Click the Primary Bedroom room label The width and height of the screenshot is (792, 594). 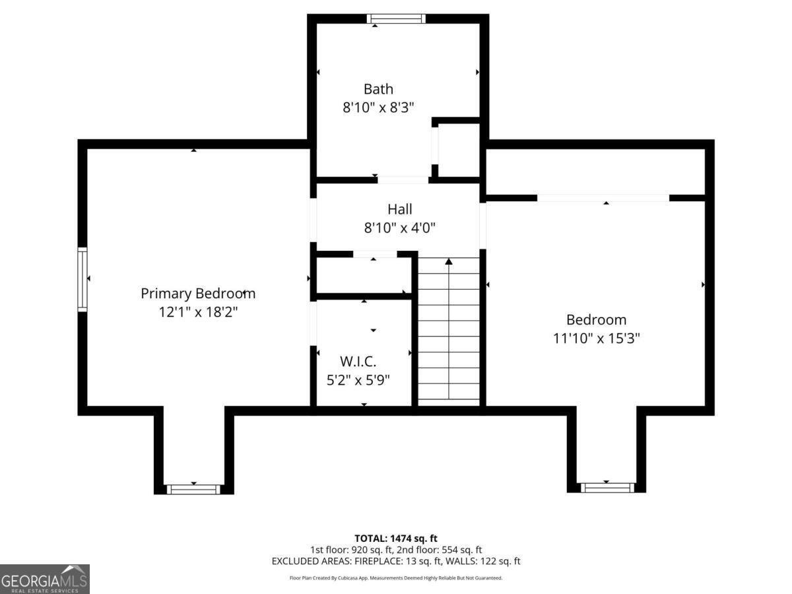tap(198, 294)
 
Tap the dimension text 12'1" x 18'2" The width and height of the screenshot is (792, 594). tap(198, 312)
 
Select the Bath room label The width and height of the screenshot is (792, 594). tap(378, 89)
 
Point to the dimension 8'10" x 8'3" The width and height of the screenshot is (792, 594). tap(378, 108)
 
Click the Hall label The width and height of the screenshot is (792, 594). tap(400, 209)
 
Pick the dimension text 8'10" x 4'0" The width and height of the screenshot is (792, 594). tap(400, 228)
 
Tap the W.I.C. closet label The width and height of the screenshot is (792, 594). tap(358, 362)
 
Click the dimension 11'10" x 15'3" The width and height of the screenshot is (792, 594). tap(597, 339)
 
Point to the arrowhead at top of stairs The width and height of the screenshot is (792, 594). tap(449, 262)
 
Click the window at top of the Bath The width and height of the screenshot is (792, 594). tap(396, 18)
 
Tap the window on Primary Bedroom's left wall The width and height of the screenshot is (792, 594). tap(82, 279)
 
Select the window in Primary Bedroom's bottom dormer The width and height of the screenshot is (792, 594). tap(192, 489)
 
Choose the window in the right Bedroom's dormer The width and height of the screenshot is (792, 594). tap(607, 488)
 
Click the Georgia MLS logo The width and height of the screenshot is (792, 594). tap(44, 579)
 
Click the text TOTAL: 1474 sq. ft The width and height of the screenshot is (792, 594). tap(396, 538)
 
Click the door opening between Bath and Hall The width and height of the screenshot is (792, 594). tap(403, 180)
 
